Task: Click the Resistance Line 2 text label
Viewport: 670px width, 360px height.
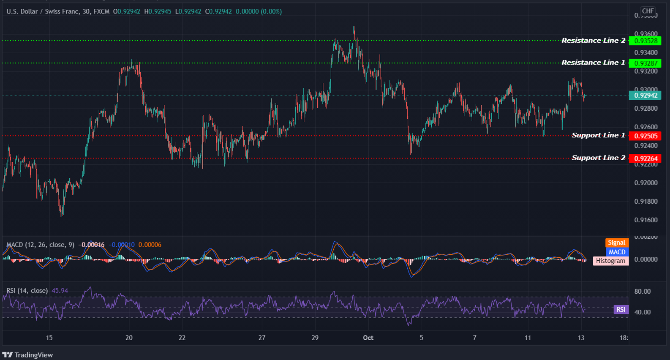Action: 593,41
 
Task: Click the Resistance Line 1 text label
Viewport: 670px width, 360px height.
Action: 593,63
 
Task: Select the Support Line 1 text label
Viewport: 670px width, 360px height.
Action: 598,135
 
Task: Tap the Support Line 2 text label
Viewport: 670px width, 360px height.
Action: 598,158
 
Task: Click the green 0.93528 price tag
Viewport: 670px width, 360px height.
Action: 645,41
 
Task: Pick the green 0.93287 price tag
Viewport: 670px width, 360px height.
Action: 645,63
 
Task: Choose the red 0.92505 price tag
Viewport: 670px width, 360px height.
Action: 645,136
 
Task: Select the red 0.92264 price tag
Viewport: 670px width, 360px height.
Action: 645,158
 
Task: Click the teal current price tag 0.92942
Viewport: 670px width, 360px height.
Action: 645,95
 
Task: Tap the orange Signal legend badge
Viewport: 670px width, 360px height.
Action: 616,243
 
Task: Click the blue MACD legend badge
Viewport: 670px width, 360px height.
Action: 617,252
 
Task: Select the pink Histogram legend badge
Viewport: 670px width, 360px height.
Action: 610,261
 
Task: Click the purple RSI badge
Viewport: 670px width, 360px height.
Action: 621,310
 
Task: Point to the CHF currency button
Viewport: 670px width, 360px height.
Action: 648,11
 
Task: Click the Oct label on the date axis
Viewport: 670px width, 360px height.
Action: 368,338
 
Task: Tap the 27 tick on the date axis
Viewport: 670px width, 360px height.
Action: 262,338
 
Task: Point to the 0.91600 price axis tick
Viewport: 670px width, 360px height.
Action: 646,220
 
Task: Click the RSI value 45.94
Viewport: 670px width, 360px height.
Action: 60,291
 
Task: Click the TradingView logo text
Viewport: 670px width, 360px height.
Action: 33,355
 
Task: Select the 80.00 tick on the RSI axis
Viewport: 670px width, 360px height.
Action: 643,292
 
